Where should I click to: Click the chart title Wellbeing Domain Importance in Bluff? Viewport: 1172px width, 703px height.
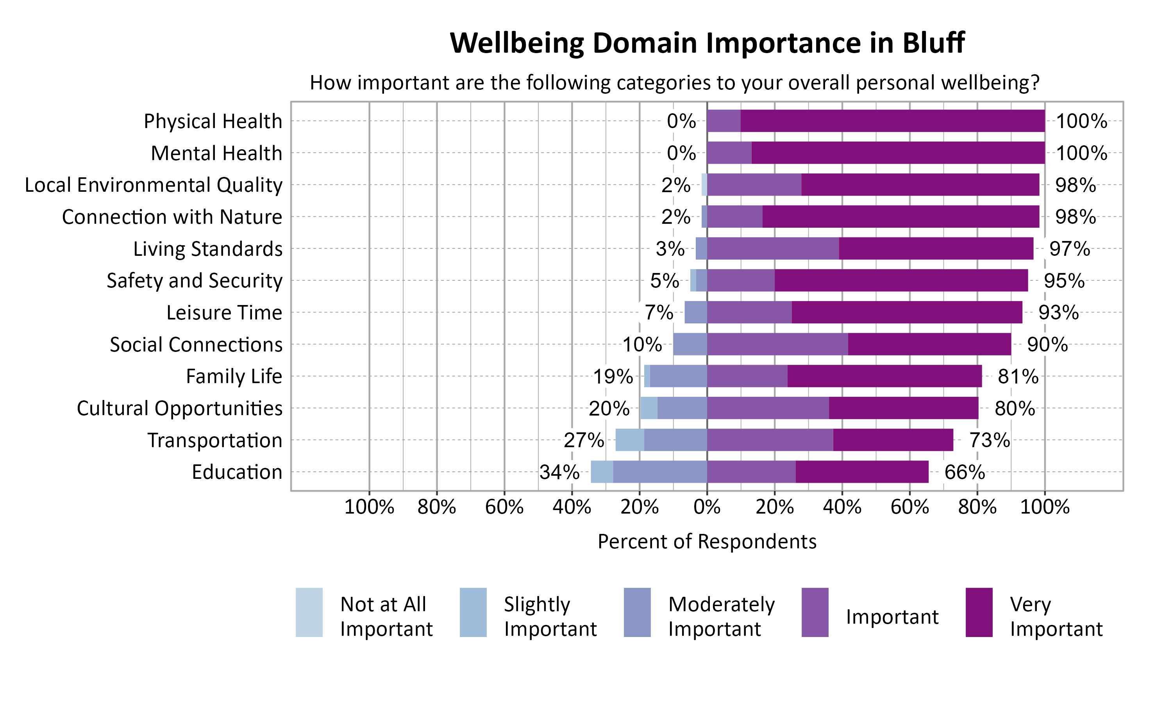tap(707, 43)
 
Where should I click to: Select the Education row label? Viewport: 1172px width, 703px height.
tap(237, 472)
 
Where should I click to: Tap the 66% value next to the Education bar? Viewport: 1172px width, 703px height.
tap(965, 472)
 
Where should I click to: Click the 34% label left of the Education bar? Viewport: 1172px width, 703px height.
tap(559, 472)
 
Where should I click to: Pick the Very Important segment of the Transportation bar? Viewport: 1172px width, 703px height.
tap(893, 440)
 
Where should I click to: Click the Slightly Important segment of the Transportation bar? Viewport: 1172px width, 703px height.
tap(630, 440)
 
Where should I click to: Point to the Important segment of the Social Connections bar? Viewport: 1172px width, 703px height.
tap(777, 344)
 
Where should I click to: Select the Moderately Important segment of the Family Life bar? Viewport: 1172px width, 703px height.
tap(678, 376)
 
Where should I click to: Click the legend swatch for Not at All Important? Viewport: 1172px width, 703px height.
tap(309, 612)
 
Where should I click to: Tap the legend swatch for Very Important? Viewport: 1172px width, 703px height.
tap(979, 612)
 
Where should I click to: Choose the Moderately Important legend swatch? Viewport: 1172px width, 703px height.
tap(637, 612)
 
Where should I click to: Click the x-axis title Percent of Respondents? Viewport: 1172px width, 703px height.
tap(707, 541)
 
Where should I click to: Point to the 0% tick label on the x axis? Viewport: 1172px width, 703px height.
tap(707, 507)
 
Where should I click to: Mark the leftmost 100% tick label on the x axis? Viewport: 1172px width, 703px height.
tap(369, 507)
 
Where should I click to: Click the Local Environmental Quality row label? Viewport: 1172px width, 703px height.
tap(154, 185)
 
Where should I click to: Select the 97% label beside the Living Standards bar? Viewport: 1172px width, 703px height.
tap(1069, 249)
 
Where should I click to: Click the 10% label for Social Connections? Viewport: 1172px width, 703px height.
tap(642, 344)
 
